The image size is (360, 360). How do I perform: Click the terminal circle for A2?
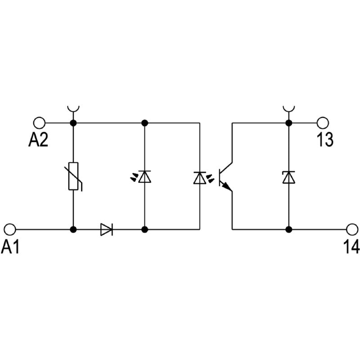(x=40, y=122)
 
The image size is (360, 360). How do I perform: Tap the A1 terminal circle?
(x=10, y=229)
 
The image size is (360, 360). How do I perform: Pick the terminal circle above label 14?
(x=351, y=229)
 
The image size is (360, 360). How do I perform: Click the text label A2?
(x=38, y=140)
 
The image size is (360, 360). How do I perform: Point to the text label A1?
(x=10, y=247)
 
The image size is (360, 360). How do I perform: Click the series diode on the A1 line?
(x=107, y=229)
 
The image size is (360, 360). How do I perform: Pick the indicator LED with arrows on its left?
(x=144, y=177)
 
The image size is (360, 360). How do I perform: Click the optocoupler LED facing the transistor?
(x=199, y=178)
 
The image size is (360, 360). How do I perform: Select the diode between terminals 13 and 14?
(x=288, y=177)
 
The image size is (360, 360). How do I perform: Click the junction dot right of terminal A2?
(x=73, y=122)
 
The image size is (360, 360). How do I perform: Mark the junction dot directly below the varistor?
(x=73, y=229)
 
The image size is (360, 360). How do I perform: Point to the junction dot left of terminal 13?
(x=288, y=122)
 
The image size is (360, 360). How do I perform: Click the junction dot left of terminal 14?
(x=288, y=229)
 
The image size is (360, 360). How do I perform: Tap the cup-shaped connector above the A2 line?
(x=73, y=109)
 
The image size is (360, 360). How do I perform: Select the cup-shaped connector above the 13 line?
(x=288, y=109)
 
